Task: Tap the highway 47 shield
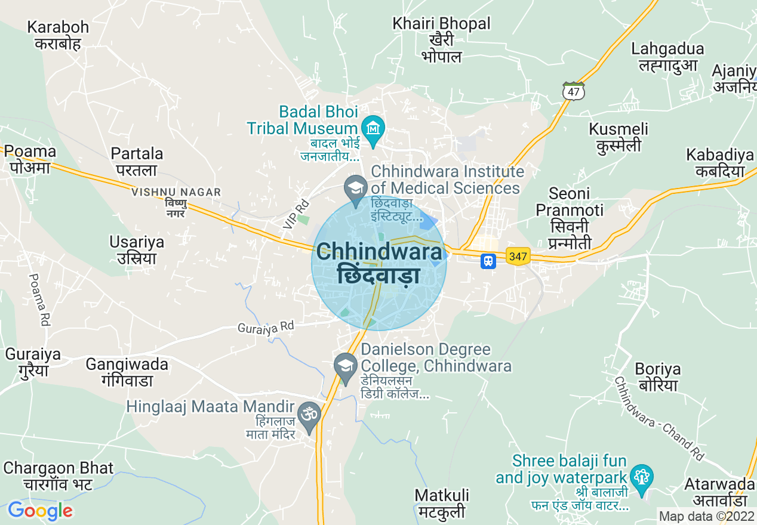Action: coord(573,91)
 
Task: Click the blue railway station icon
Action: coord(488,261)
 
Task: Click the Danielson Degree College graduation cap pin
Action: coord(345,366)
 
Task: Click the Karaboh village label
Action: coord(58,35)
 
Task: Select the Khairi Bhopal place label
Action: coord(441,39)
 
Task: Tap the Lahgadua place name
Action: coord(667,56)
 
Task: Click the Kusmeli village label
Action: coord(618,137)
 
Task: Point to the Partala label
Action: coord(137,162)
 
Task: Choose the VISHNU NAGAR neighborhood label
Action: coord(176,192)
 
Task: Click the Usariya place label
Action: coord(137,250)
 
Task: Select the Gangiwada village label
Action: coord(127,372)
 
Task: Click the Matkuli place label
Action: coord(442,504)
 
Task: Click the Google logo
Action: coord(40,511)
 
